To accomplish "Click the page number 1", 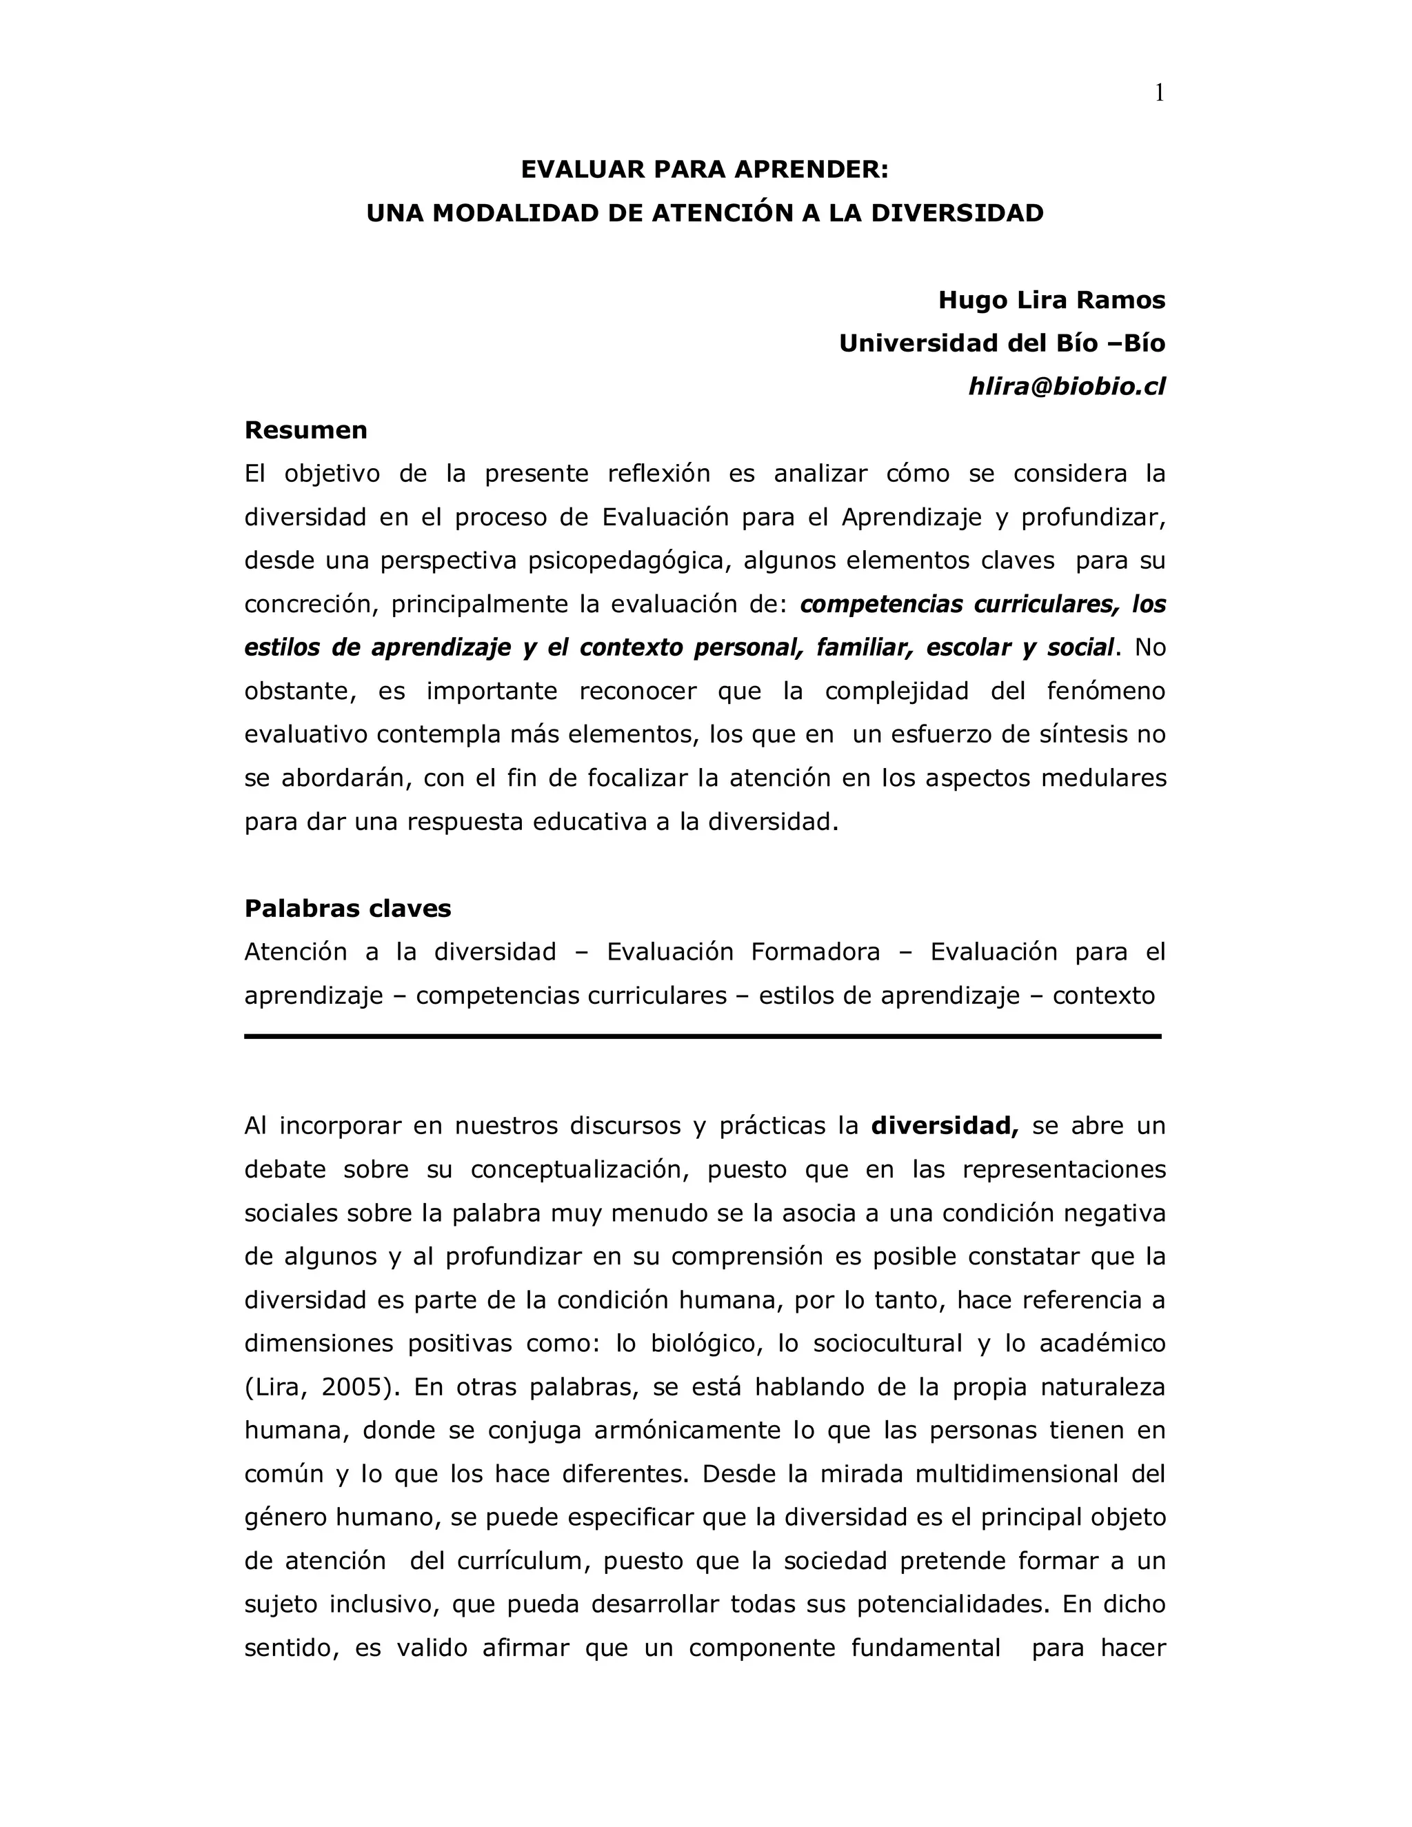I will click(1158, 94).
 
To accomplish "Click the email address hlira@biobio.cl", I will click(1067, 387).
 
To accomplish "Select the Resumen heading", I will click(305, 430).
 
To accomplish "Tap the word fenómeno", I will click(1105, 691).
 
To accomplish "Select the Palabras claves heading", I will click(347, 909).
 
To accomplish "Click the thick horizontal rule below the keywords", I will click(703, 1036).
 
